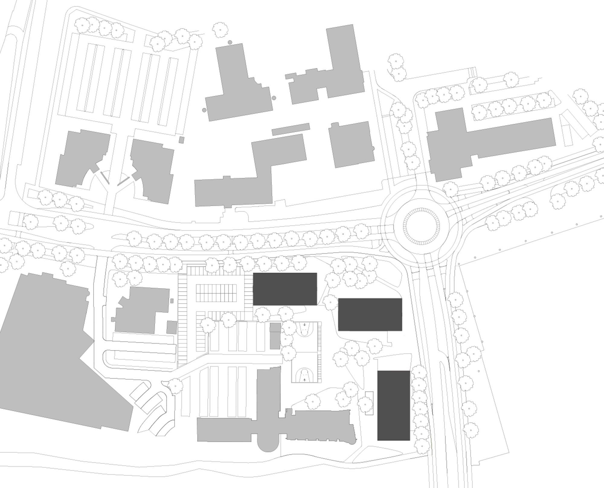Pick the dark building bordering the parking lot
pos(285,289)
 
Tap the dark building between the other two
pos(370,314)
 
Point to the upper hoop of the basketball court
pos(304,325)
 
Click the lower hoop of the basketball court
pos(304,379)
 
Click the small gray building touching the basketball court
pos(275,336)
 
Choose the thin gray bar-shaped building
pos(291,129)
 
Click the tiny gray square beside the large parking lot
pos(182,140)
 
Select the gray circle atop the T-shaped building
pos(230,42)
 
